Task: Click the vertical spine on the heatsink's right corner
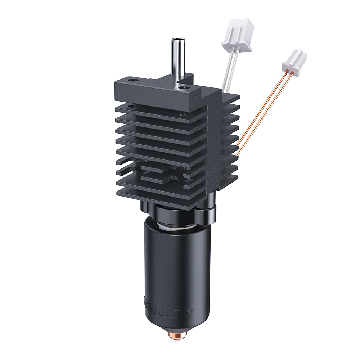(216, 144)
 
